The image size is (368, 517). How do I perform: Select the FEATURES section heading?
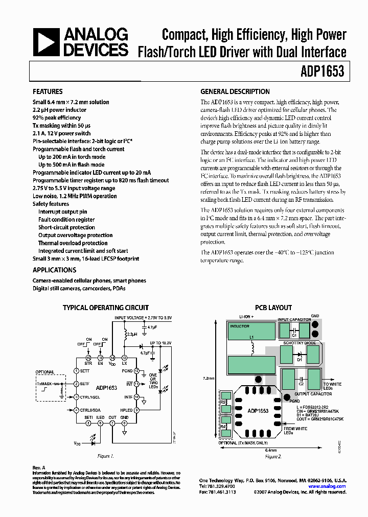tap(48, 92)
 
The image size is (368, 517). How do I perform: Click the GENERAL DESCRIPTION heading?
tap(235, 92)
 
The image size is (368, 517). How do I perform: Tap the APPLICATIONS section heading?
tap(54, 270)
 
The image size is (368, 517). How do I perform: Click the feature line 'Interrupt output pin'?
tap(62, 212)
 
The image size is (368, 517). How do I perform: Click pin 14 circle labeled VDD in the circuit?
tap(112, 358)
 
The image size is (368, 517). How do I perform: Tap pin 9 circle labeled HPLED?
tap(136, 410)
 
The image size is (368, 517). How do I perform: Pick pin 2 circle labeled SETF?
tap(76, 384)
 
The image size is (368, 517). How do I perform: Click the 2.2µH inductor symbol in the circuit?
tap(126, 335)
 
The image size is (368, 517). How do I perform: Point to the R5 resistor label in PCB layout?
tap(223, 402)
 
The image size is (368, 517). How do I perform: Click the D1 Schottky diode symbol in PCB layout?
tap(300, 360)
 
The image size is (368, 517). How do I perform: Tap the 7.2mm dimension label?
tap(208, 379)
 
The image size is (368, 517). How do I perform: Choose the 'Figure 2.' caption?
tap(272, 456)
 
